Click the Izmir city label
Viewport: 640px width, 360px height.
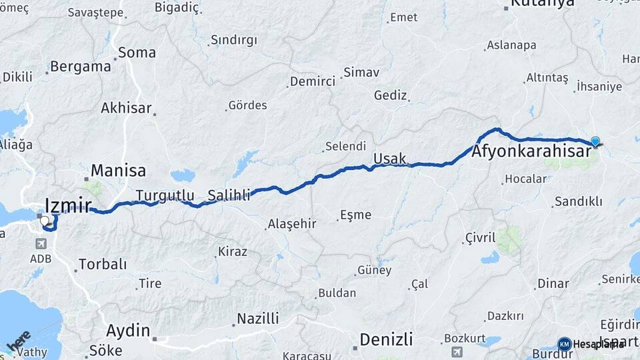[x=68, y=204]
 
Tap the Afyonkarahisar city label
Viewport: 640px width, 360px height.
[x=531, y=152]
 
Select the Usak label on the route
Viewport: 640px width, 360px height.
[x=389, y=158]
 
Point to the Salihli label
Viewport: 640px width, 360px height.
[x=229, y=195]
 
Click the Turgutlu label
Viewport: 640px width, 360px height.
[x=165, y=195]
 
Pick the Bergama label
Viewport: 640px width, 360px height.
[x=80, y=67]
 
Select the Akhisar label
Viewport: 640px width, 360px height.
[x=126, y=107]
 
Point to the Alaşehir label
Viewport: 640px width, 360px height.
[x=292, y=224]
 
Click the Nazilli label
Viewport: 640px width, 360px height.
[x=257, y=318]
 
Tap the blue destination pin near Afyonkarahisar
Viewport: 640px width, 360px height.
[x=595, y=141]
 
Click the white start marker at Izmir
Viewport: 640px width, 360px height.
[x=45, y=221]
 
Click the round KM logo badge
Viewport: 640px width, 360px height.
[x=564, y=344]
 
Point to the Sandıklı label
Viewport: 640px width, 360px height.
[x=579, y=201]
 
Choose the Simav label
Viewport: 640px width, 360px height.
[x=361, y=72]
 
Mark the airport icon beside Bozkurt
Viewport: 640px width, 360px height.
[x=457, y=351]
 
